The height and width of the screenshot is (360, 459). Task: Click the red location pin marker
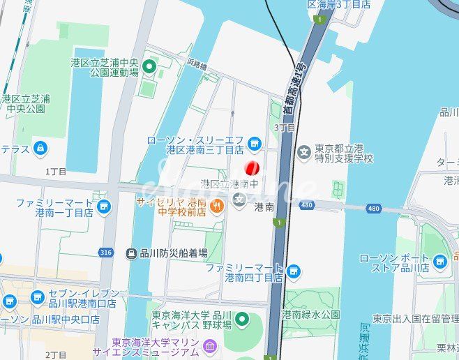253,168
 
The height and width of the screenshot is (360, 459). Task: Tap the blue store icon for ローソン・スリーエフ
254,144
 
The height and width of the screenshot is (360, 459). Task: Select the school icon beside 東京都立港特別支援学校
303,152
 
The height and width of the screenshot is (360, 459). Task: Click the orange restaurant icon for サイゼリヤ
216,206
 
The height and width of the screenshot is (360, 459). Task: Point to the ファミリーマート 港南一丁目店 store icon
104,206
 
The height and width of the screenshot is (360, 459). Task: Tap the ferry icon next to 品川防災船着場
130,254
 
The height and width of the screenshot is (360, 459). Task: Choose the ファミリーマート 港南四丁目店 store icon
293,271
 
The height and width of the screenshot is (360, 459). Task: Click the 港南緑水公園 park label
310,315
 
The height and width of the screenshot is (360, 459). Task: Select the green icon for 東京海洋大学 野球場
241,320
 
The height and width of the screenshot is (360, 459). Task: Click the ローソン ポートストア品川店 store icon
439,262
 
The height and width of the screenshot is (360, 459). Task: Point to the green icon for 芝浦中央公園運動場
149,67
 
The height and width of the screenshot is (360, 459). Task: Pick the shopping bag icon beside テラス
40,149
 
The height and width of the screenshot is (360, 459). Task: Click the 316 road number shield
105,252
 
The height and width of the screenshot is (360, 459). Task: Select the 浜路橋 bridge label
196,65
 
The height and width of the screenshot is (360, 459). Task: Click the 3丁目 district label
285,128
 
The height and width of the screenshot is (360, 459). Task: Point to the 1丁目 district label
56,171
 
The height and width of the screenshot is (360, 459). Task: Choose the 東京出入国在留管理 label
414,319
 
